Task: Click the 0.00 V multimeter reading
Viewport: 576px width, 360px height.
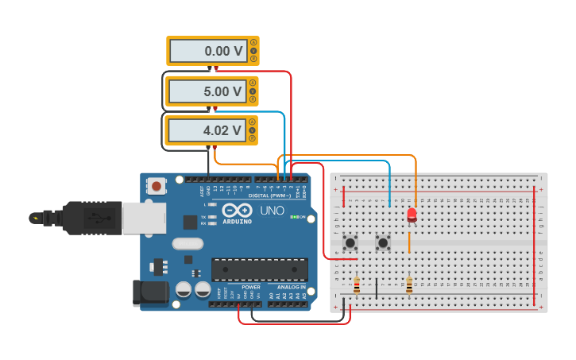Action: tap(207, 51)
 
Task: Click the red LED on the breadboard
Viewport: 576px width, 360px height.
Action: tap(412, 214)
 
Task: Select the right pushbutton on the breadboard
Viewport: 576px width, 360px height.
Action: tap(383, 242)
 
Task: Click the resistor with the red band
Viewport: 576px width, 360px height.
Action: tap(356, 285)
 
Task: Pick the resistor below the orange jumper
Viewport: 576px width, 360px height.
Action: tap(409, 285)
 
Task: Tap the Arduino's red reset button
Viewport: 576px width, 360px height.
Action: tap(157, 186)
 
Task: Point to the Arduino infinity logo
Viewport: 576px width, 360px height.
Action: tap(237, 210)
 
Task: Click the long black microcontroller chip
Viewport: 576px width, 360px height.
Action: tap(259, 269)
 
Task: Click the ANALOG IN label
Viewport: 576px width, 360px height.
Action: tap(292, 287)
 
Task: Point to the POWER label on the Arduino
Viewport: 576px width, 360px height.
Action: tap(251, 287)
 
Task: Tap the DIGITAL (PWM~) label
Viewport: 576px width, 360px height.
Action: tap(269, 195)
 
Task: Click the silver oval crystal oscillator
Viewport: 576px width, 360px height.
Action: tap(187, 245)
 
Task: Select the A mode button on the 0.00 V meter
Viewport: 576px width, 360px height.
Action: tap(253, 42)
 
